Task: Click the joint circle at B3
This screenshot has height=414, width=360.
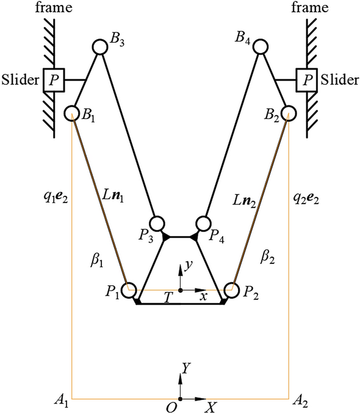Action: [100, 47]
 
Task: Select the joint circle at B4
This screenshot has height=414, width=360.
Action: [261, 46]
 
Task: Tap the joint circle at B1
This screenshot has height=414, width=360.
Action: [72, 113]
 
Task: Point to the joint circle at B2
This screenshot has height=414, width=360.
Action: [289, 113]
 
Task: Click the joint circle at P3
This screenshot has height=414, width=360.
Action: [157, 223]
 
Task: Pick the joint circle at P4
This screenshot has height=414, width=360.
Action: [203, 223]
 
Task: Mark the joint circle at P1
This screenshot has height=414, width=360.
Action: [129, 290]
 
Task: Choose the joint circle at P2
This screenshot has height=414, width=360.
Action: [231, 290]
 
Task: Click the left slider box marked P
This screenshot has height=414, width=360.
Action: [54, 80]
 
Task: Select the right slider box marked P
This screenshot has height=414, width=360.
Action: [306, 80]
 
